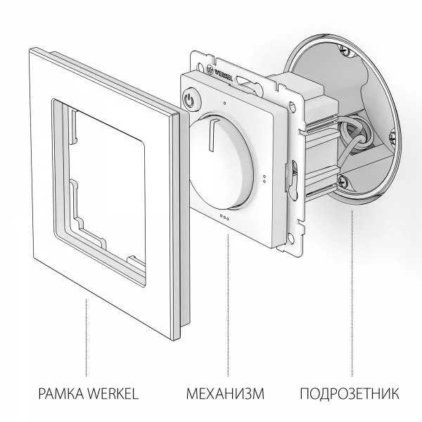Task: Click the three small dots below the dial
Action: pos(224,217)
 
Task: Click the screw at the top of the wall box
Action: pos(344,51)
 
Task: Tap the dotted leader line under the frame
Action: pos(86,338)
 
